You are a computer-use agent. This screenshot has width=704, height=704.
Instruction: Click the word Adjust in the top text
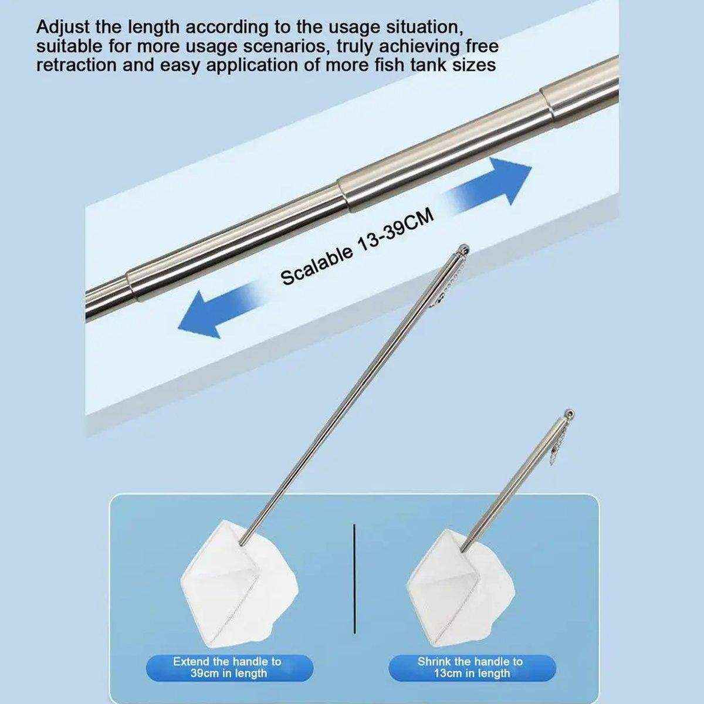62,27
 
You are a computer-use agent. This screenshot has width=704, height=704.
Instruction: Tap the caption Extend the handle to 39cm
227,668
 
